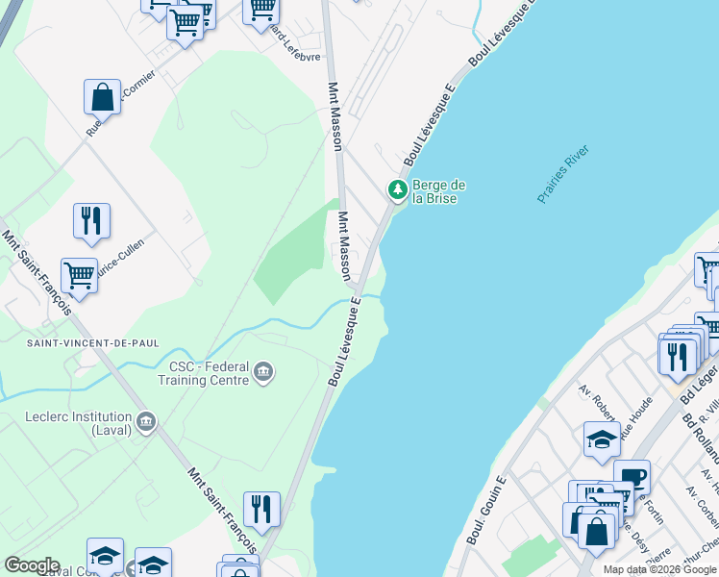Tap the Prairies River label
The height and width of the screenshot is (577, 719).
pos(563,174)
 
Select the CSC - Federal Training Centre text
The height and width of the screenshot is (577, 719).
pos(209,373)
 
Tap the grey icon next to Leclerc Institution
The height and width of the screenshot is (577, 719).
pos(146,421)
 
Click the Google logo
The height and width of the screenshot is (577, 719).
pos(31,565)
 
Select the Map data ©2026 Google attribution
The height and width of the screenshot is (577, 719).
pos(660,569)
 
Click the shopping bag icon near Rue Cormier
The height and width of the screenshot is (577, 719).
pos(102,97)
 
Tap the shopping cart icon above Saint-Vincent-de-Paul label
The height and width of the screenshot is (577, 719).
pos(79,276)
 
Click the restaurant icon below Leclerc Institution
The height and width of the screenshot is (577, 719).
pos(260,509)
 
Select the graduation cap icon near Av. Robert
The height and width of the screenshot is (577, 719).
pos(602,439)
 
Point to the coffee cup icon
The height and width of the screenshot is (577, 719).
pos(632,478)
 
